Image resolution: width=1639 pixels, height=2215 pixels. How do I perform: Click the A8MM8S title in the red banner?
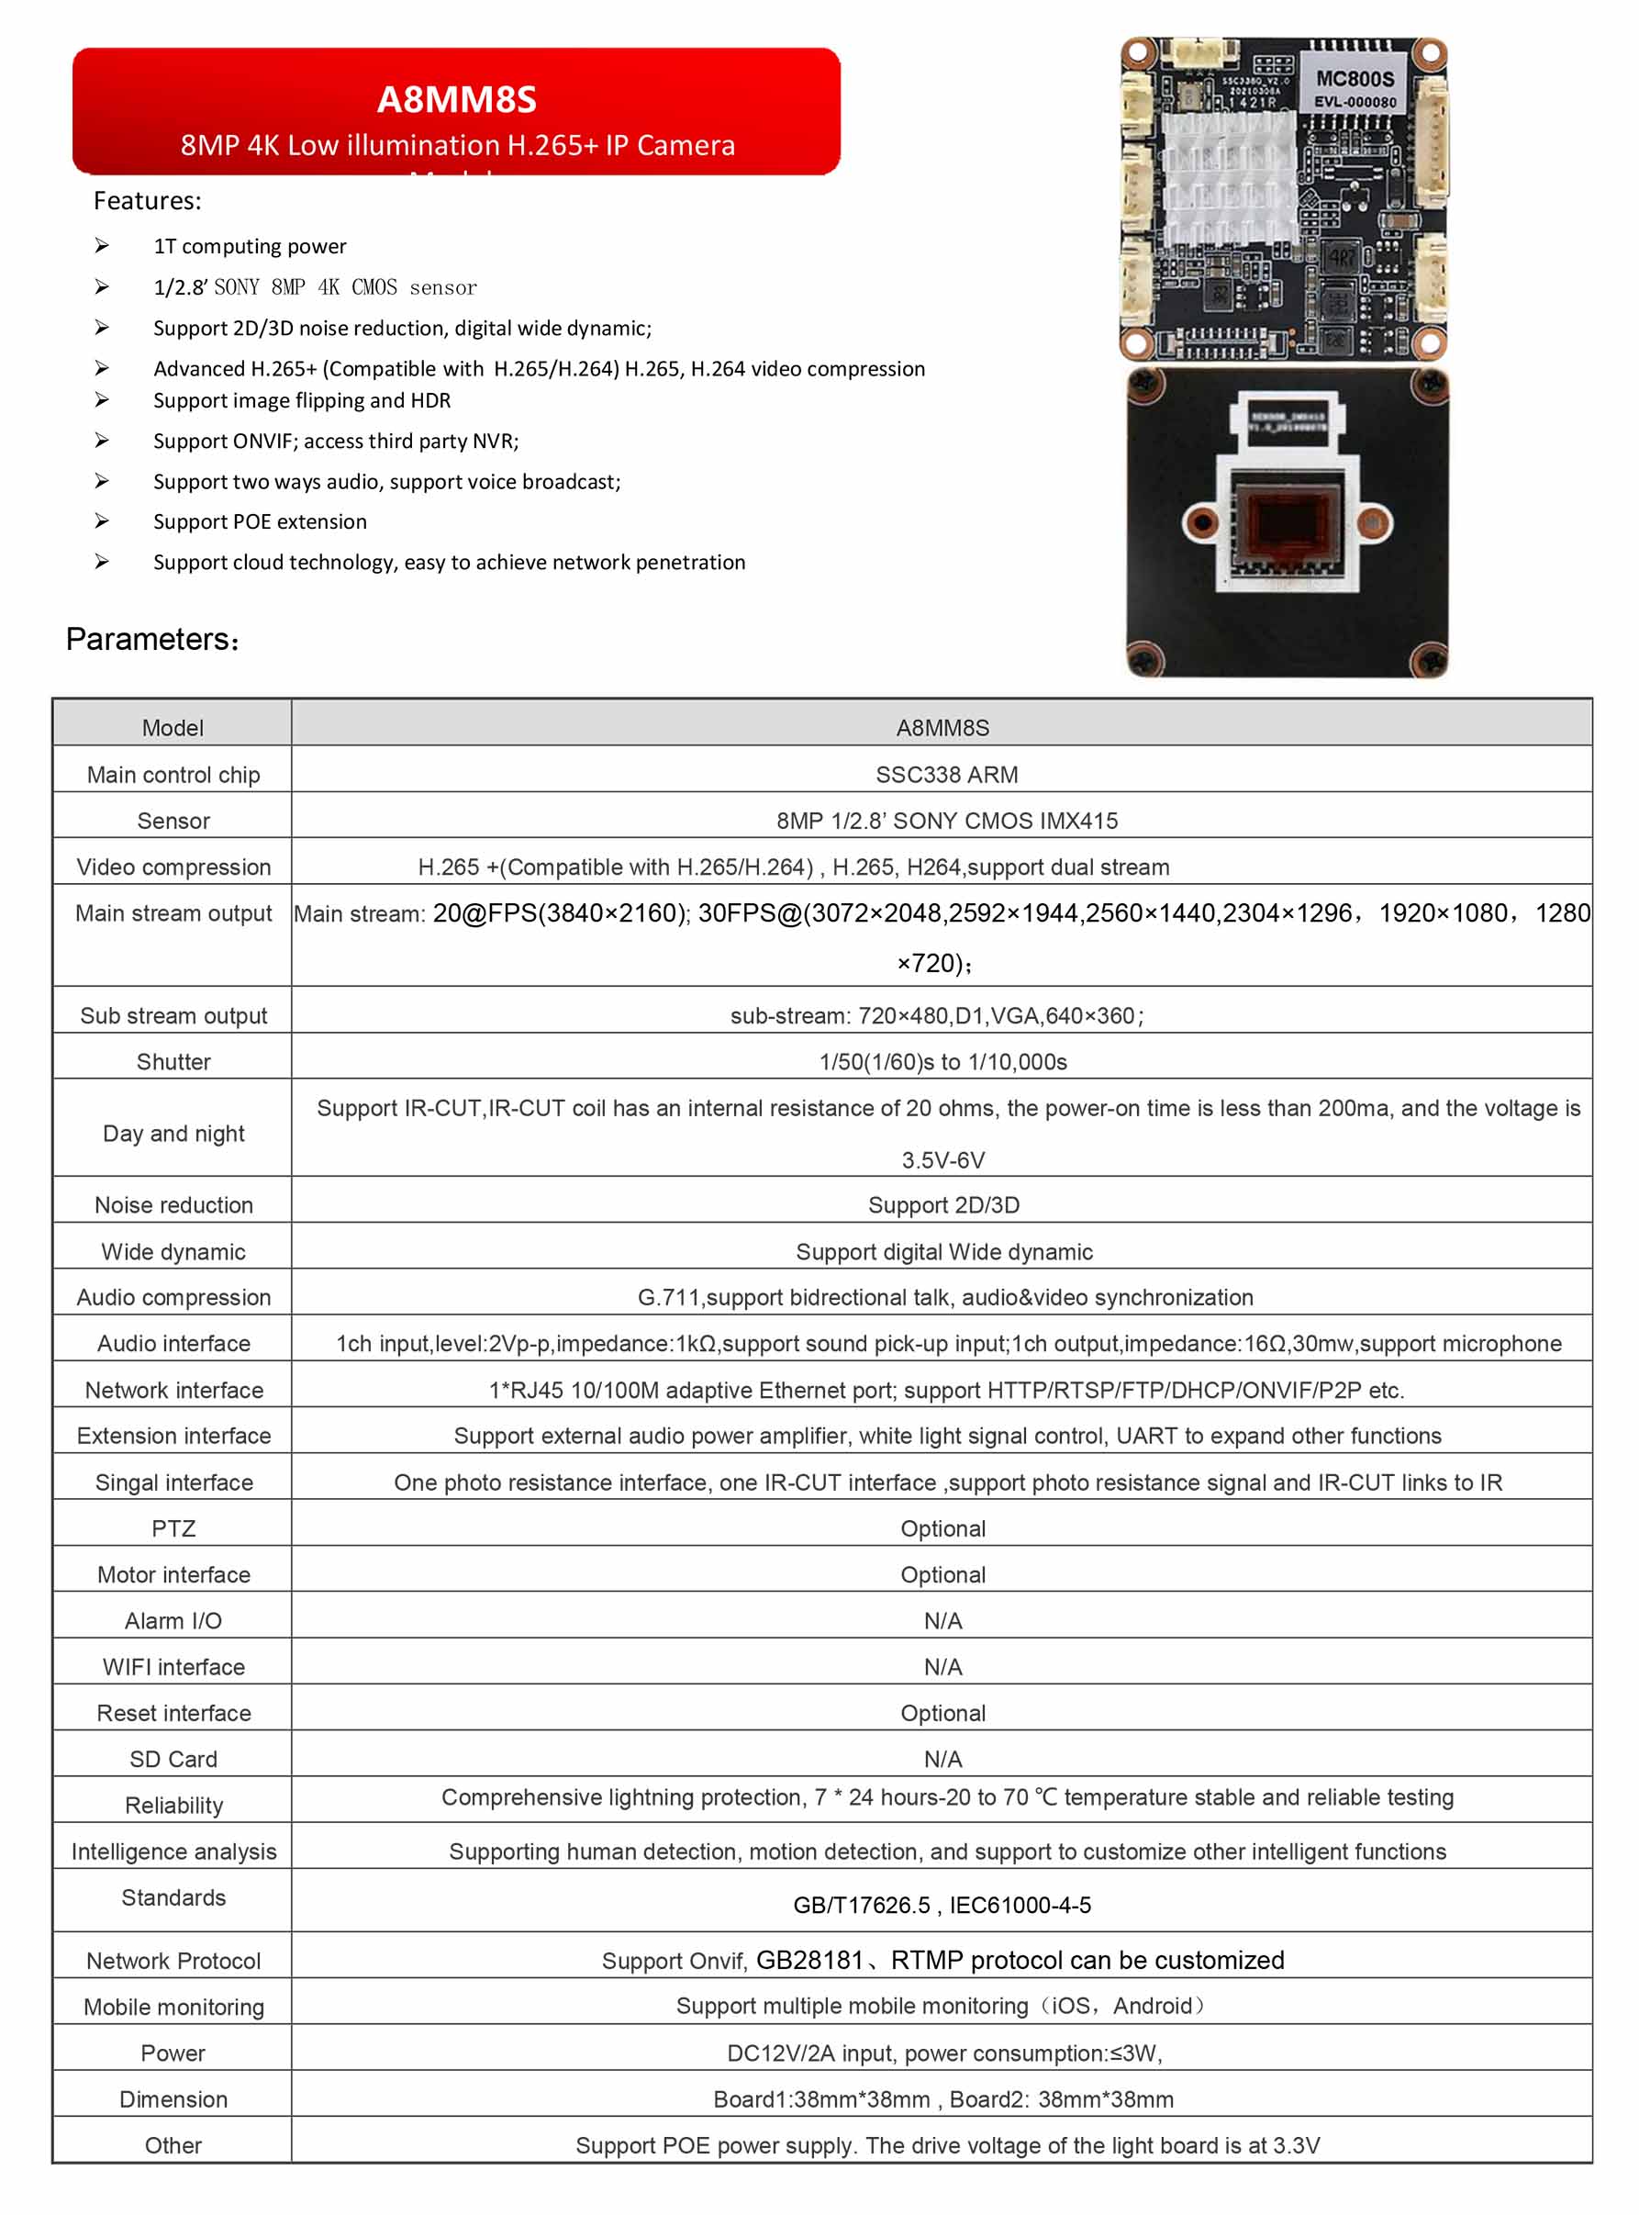(x=456, y=99)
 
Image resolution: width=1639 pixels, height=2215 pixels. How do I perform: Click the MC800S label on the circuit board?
(x=1355, y=79)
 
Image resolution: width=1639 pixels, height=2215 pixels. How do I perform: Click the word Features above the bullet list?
(x=147, y=201)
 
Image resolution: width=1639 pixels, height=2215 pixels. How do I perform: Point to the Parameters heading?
(x=151, y=639)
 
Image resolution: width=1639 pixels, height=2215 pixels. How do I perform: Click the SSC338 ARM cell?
(x=945, y=775)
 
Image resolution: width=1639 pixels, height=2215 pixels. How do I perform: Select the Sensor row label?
(x=173, y=821)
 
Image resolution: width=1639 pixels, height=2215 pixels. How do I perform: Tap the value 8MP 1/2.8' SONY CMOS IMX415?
(x=945, y=821)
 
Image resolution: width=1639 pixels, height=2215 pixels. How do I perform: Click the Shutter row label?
(x=173, y=1062)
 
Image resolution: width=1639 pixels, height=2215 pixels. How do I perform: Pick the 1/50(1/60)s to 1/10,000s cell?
(x=942, y=1062)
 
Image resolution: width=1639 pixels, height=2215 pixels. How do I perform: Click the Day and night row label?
(x=173, y=1134)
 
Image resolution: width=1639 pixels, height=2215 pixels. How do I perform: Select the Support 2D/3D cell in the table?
(x=942, y=1204)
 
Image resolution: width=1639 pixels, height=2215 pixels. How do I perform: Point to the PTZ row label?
(x=173, y=1528)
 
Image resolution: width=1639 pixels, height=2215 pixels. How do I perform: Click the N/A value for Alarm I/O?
(x=942, y=1620)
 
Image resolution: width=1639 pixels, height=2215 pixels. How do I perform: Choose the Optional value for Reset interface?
(x=942, y=1713)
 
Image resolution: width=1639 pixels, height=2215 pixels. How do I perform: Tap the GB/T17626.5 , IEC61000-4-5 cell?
(x=942, y=1905)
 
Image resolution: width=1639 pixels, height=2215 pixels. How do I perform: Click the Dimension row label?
(x=173, y=2099)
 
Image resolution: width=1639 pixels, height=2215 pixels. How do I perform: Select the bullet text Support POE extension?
(x=260, y=522)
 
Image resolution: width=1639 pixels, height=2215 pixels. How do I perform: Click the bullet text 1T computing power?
(x=250, y=246)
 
